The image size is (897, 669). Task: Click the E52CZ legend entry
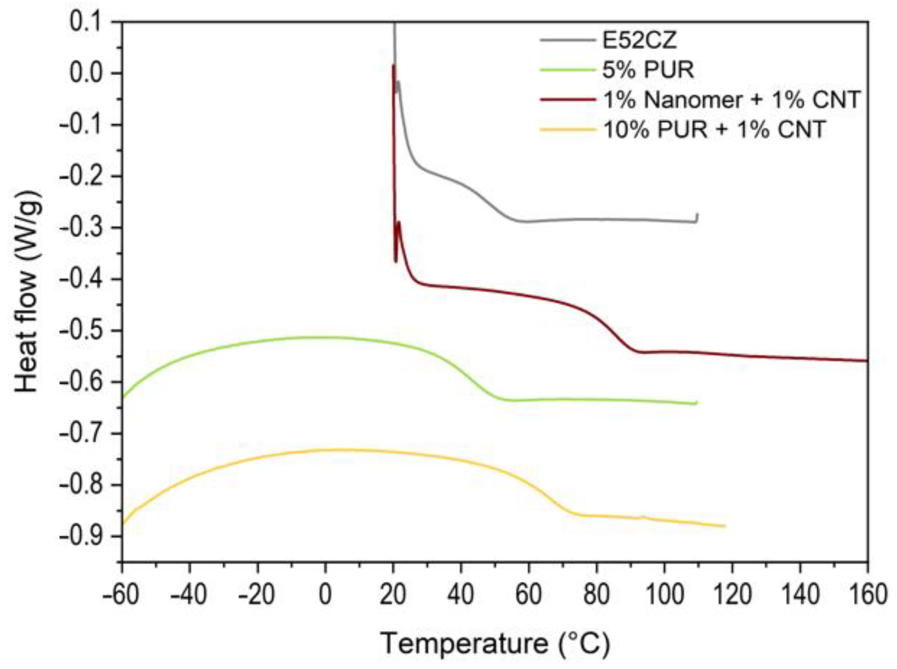point(639,41)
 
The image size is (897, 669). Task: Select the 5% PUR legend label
point(648,70)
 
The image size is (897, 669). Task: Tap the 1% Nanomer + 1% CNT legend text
point(731,100)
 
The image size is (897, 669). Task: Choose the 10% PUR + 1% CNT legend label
point(714,130)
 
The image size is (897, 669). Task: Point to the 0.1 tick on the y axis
point(88,22)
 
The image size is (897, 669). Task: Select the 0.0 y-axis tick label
point(88,73)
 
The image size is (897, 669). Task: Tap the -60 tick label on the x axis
point(121,595)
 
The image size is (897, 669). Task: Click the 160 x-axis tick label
point(868,595)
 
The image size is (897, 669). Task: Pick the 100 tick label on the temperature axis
point(664,595)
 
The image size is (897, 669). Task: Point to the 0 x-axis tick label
point(325,595)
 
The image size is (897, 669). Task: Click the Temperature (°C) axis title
point(495,644)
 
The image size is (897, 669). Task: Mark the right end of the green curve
point(697,403)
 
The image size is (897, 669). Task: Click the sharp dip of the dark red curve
point(396,261)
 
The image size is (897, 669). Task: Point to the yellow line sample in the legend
point(567,130)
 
